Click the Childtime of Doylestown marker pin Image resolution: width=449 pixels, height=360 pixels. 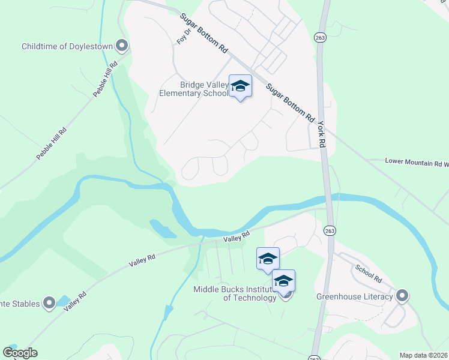point(122,46)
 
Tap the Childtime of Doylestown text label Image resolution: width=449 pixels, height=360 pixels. point(68,46)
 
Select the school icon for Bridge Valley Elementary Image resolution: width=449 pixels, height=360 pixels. point(240,87)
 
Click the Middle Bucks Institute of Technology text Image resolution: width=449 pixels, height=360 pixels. point(234,294)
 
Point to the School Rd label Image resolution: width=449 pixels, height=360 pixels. point(368,273)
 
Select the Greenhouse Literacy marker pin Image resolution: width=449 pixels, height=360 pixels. point(402,296)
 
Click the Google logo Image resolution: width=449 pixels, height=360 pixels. point(20,353)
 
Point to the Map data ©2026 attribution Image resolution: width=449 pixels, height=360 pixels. point(424,355)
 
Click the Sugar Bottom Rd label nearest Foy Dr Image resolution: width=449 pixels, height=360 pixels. point(204,32)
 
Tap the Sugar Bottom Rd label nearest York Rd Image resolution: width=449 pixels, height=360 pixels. point(291,103)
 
